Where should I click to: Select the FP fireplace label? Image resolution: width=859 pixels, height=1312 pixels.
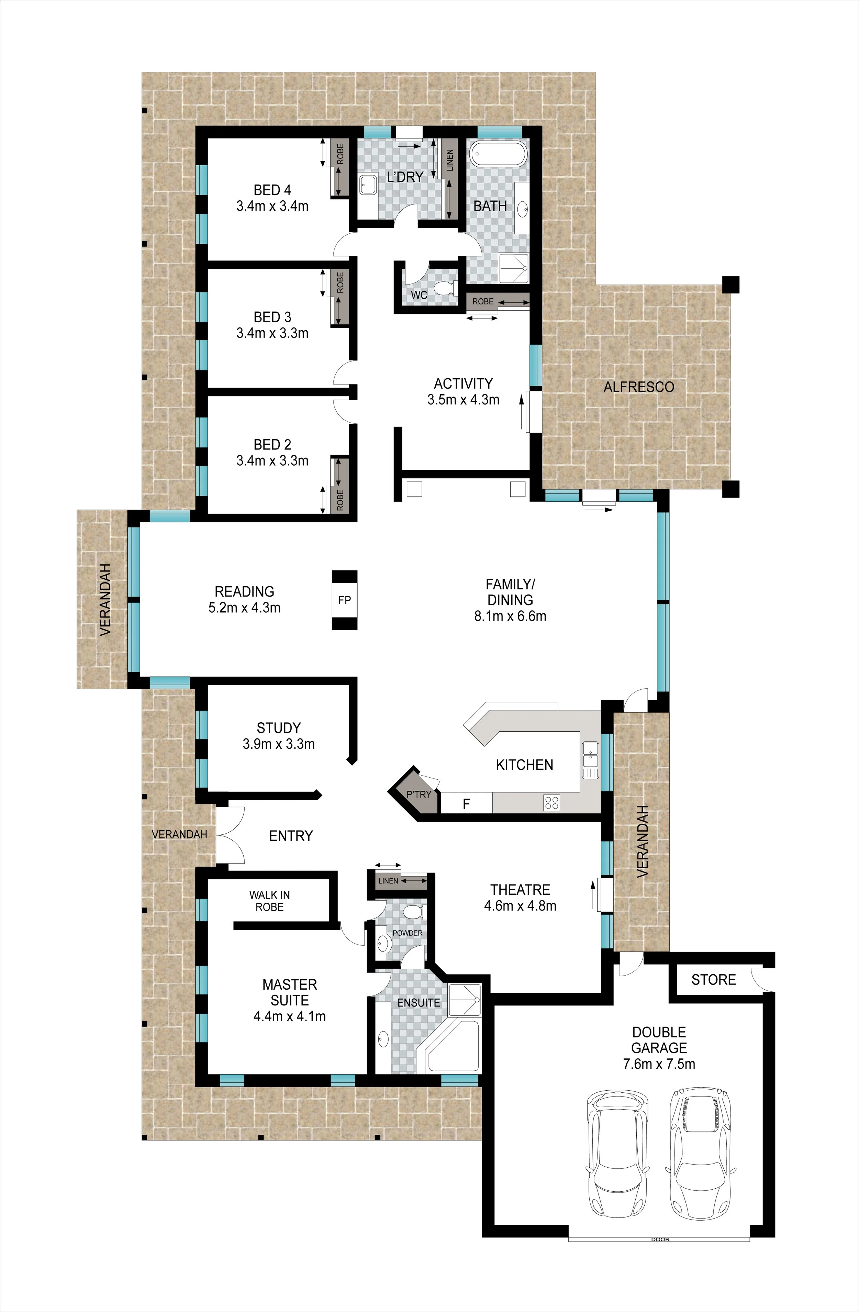[345, 600]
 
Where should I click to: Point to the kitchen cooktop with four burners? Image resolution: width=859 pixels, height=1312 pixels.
[552, 803]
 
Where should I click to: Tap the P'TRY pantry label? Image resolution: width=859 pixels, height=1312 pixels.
[419, 794]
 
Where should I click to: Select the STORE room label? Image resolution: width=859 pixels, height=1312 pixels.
[713, 980]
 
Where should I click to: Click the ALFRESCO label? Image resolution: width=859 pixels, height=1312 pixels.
[638, 387]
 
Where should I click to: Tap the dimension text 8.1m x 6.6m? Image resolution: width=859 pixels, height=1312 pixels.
[510, 616]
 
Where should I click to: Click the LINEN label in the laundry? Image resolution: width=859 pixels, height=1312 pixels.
[450, 160]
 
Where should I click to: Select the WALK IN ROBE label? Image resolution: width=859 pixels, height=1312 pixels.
[270, 901]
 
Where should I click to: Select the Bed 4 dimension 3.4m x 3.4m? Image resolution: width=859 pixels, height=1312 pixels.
[272, 206]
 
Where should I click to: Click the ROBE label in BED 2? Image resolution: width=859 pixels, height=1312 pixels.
[339, 499]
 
